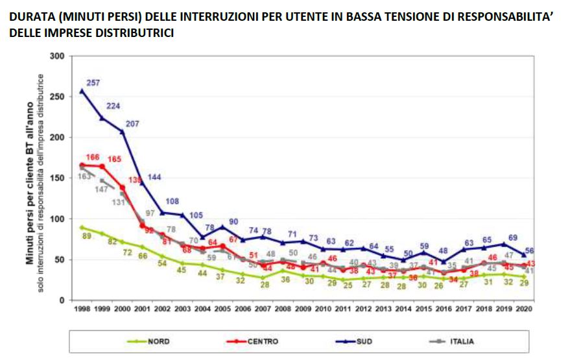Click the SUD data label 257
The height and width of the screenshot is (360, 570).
point(95,82)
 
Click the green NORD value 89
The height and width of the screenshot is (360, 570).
point(86,236)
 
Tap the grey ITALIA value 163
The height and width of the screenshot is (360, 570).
point(85,175)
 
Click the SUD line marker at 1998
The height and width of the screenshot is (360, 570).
point(82,91)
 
